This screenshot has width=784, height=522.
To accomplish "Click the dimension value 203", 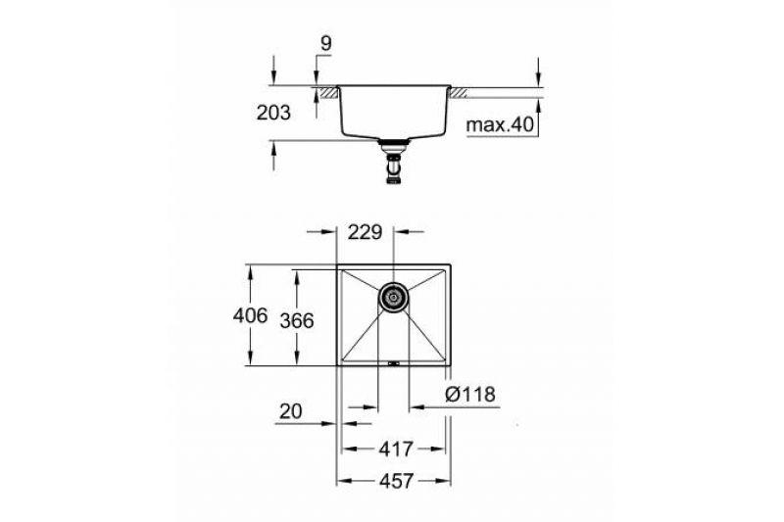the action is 273,113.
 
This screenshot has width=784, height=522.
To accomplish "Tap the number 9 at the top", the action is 325,44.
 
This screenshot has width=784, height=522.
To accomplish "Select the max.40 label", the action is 500,125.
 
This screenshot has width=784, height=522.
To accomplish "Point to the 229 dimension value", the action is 365,232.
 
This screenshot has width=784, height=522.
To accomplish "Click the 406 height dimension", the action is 251,315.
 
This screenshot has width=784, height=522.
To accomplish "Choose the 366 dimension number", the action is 297,320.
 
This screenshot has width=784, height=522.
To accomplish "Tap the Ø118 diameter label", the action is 470,395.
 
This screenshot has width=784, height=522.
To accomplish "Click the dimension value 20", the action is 291,411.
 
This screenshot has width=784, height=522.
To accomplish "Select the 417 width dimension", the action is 396,450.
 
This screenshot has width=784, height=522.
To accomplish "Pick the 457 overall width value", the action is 396,482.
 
